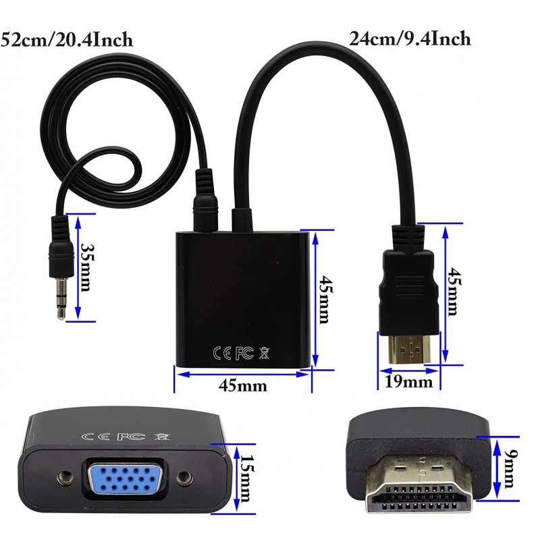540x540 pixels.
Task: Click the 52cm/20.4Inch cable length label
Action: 66,39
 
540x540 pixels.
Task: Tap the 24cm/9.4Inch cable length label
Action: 410,38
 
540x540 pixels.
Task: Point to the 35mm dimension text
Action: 87,267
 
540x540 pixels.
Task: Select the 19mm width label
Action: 408,381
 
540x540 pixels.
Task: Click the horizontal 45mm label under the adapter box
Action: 243,385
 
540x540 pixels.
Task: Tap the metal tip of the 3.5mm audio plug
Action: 61,298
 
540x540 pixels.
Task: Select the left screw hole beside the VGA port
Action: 64,478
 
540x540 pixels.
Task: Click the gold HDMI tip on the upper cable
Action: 410,348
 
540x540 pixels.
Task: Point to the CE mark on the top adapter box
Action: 222,353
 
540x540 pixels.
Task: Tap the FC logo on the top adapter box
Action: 244,353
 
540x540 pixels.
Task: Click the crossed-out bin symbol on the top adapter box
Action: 264,353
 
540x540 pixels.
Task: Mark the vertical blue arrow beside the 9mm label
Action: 497,468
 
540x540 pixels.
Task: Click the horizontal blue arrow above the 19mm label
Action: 409,371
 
